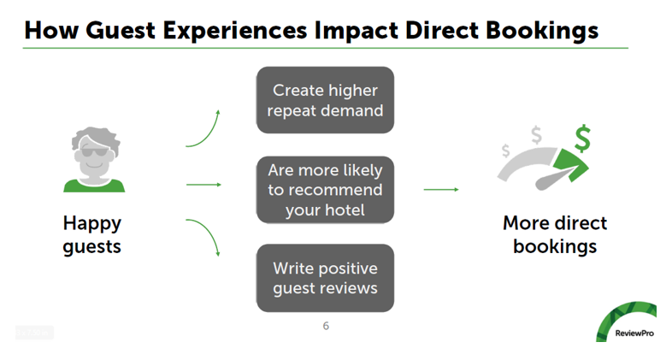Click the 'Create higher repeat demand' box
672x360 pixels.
325,100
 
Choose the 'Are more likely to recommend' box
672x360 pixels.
325,189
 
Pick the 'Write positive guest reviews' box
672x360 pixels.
325,278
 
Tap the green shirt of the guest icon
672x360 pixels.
94,183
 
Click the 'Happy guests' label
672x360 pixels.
92,235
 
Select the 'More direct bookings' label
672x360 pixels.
554,235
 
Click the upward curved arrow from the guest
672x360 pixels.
205,128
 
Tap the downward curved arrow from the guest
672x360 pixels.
205,237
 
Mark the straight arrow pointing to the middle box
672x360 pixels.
203,184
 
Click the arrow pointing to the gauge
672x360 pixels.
441,189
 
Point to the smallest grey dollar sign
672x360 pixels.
505,150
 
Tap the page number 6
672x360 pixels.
326,326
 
